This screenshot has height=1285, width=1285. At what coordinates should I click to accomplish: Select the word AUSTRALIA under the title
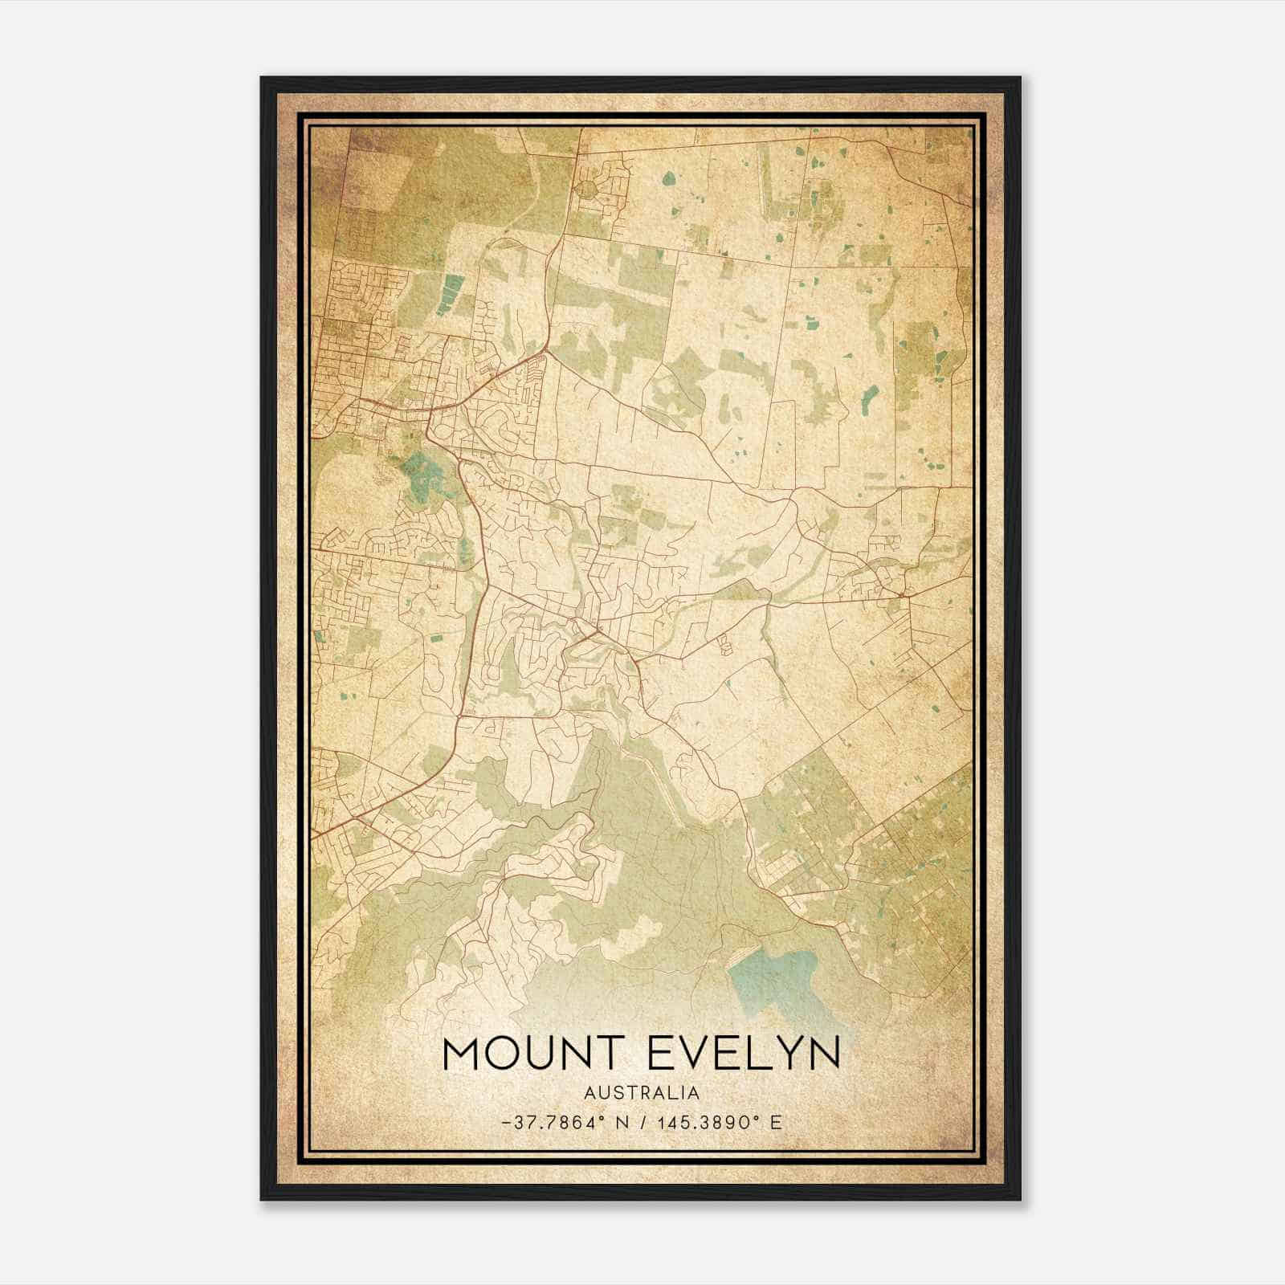[x=642, y=1093]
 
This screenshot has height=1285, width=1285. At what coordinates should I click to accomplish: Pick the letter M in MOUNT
[x=464, y=1053]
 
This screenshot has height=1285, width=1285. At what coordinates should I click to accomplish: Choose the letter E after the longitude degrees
[x=775, y=1122]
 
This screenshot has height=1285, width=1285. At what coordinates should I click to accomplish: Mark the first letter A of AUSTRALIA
[x=590, y=1093]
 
